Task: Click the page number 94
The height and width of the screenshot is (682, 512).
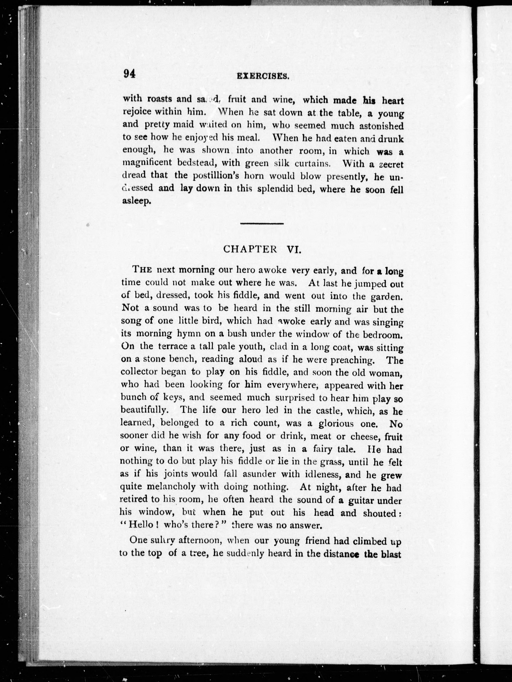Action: tap(129, 74)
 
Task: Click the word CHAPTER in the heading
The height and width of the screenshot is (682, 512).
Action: tap(250, 249)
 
